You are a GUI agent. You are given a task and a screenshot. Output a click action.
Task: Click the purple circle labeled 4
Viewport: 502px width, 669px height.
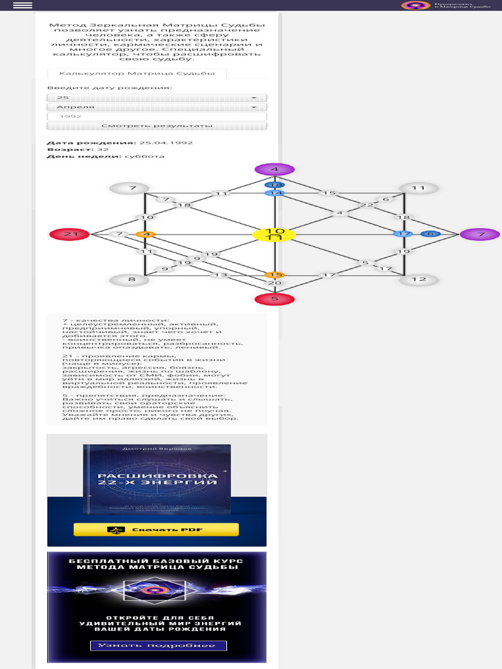click(275, 169)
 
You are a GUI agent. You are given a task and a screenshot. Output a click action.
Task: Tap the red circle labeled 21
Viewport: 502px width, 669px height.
click(69, 234)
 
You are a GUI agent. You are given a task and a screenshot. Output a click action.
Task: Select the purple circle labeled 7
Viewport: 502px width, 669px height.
click(480, 234)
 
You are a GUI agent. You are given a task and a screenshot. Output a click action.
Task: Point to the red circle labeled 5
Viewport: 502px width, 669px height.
click(275, 299)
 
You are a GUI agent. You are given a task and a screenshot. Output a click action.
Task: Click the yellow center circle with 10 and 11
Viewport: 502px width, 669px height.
click(275, 235)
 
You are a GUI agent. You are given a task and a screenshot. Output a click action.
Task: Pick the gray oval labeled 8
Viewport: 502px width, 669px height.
click(129, 280)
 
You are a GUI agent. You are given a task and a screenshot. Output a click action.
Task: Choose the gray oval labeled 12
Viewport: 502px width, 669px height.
click(418, 280)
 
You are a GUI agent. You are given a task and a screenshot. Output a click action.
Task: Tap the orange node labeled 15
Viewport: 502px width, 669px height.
click(275, 275)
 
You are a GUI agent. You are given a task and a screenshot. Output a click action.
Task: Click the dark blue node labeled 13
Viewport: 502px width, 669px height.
click(275, 185)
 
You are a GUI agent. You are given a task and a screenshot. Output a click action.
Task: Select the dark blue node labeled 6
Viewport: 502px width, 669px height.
click(429, 234)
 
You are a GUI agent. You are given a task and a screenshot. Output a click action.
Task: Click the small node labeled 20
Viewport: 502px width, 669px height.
click(275, 283)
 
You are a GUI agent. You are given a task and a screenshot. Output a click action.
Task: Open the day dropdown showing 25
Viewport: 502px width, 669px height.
click(157, 97)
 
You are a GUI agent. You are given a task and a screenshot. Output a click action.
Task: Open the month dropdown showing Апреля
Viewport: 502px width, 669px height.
click(157, 106)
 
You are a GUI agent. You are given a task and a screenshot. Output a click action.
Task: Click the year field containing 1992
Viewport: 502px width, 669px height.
click(157, 116)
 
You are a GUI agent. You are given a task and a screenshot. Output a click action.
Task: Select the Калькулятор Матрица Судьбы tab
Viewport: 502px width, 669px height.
click(137, 74)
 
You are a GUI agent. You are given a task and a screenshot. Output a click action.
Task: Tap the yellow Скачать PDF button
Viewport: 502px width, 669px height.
click(156, 529)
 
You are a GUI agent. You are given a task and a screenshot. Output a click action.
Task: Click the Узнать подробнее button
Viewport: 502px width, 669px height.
click(158, 645)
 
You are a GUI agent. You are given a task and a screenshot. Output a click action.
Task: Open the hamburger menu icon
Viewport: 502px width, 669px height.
click(22, 5)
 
